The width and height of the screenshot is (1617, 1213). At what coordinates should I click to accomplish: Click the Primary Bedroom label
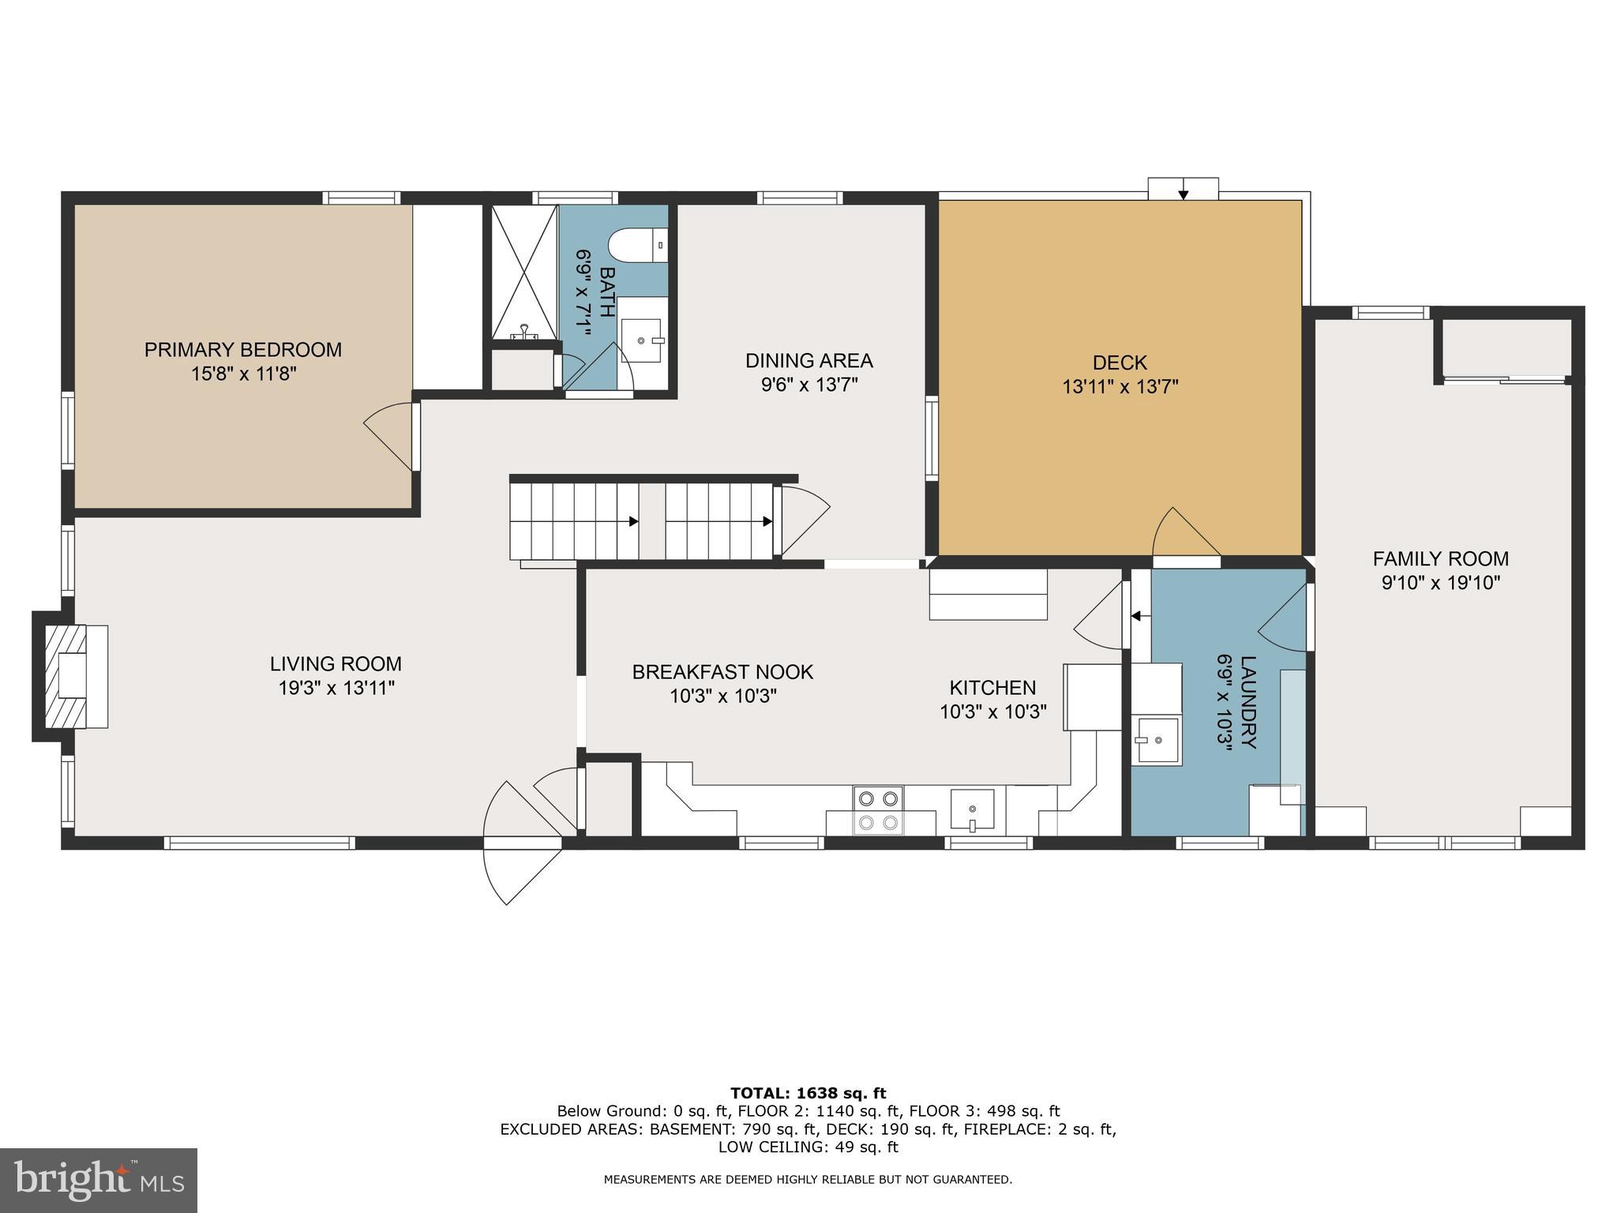coord(242,350)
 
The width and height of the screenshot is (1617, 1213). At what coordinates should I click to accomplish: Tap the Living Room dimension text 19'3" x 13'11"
coord(336,689)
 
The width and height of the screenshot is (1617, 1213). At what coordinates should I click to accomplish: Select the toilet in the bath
coord(638,246)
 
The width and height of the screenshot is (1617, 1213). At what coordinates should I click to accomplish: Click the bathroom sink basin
coord(641,340)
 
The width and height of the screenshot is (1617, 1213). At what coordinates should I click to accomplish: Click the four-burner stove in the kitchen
coord(879,810)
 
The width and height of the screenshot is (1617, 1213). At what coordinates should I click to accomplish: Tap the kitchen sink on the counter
coord(973,809)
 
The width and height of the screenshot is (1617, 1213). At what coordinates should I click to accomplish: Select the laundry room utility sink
coord(1157,740)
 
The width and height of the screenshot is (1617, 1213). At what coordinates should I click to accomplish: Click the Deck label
coord(1120,363)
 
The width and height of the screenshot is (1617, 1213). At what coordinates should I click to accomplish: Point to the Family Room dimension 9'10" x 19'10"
coord(1440,584)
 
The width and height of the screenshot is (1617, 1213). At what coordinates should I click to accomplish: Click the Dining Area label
coord(808,361)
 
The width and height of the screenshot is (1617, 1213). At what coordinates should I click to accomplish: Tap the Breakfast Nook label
coord(722,672)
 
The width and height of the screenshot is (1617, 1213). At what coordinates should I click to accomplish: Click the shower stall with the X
coord(524,271)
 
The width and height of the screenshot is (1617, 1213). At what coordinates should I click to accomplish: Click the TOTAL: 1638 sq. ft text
coord(808,1094)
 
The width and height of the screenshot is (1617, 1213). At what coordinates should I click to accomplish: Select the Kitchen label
coord(992,688)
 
